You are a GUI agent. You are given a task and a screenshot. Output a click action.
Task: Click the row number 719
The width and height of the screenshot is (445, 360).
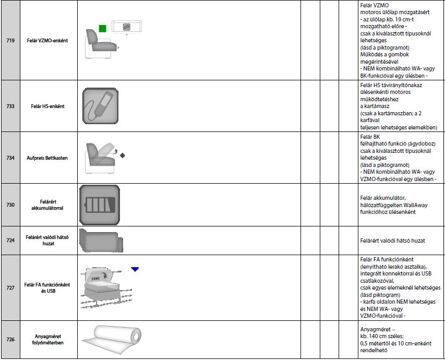point(10,40)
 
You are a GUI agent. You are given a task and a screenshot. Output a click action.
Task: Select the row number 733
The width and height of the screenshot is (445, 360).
point(10,106)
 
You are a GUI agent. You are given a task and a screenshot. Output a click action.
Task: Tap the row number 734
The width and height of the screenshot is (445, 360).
point(10,158)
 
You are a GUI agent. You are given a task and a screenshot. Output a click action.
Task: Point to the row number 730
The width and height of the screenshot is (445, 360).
point(10,205)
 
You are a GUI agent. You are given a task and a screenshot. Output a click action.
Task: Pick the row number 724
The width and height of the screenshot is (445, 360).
point(10,241)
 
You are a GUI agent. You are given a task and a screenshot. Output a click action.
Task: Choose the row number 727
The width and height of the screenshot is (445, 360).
point(10,288)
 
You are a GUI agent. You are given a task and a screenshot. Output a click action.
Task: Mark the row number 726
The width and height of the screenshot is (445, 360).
point(10,340)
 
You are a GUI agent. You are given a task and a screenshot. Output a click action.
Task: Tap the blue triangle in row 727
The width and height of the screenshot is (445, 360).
point(135,269)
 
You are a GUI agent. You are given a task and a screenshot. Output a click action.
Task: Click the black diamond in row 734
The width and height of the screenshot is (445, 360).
point(123,155)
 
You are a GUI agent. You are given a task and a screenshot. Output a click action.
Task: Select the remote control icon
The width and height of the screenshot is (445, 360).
point(100,105)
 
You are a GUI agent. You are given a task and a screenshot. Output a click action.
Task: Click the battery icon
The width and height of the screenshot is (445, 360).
point(100,205)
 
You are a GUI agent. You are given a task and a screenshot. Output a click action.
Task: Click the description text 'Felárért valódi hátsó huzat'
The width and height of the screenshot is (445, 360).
point(392,241)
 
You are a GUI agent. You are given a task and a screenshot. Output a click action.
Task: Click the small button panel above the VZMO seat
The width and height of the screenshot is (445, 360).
point(126,27)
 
